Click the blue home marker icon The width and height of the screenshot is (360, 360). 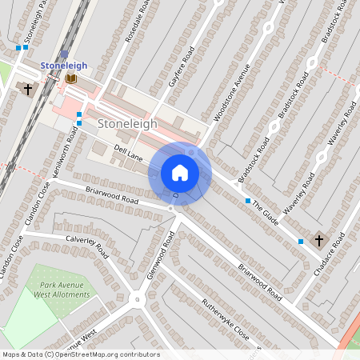pos(180,172)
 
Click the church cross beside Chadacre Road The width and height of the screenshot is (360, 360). pos(318,239)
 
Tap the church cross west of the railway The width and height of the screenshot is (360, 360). pos(29,88)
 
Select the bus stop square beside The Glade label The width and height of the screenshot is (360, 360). pos(248,200)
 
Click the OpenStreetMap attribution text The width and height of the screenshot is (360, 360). pos(81,354)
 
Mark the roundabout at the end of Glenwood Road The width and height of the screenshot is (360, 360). pos(136,300)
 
